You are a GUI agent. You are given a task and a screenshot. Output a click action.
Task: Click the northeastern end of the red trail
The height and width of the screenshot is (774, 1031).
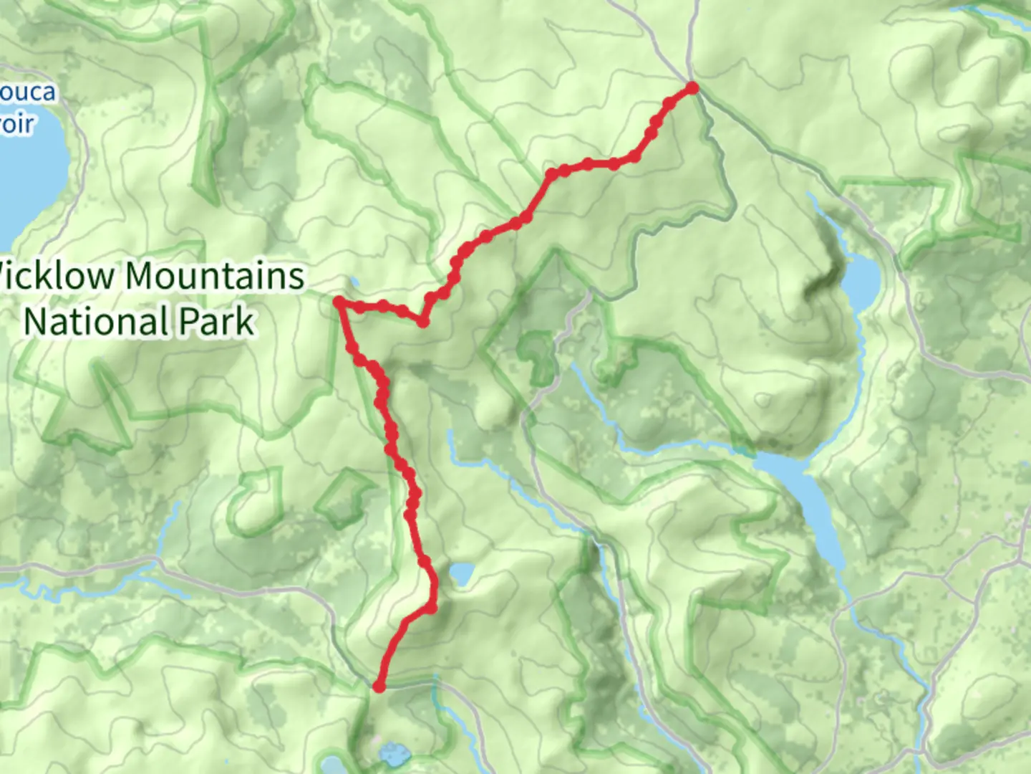coord(692,87)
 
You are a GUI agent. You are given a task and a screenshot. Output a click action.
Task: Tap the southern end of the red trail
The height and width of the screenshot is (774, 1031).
coord(379,687)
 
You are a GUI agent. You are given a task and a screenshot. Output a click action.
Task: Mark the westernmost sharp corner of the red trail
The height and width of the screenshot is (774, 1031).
coord(339,303)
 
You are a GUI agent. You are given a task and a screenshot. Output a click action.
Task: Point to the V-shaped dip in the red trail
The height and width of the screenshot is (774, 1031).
coord(423,322)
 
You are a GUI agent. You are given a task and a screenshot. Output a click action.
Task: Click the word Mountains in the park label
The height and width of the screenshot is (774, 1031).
coord(215,276)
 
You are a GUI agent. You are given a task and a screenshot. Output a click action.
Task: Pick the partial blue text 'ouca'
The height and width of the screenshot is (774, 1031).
coord(27,92)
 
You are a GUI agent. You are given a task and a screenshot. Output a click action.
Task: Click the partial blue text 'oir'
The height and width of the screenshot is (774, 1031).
coord(16,124)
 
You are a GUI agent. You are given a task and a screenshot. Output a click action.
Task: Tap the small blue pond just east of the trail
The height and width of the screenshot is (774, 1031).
coord(462,573)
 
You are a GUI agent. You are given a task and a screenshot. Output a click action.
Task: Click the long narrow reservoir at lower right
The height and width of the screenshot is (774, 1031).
coord(805,502)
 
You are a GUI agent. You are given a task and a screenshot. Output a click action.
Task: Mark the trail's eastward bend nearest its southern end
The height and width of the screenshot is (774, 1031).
coord(431,608)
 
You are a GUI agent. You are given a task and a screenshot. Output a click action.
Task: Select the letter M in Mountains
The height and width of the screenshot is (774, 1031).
coord(142,276)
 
